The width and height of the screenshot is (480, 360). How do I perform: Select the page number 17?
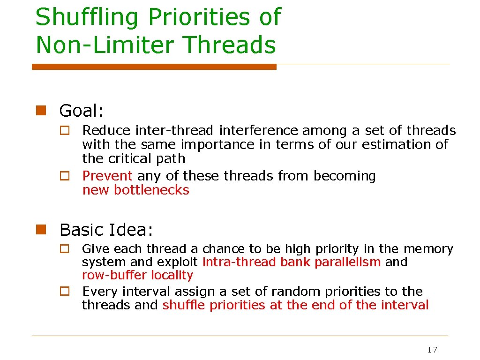[x=432, y=350]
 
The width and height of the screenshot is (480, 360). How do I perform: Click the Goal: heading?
[x=81, y=111]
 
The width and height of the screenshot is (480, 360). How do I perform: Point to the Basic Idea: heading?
[x=106, y=230]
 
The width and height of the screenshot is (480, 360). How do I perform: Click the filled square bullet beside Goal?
[x=41, y=111]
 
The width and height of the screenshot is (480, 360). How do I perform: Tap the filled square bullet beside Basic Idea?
[x=41, y=230]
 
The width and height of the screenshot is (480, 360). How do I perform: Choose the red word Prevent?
[x=107, y=176]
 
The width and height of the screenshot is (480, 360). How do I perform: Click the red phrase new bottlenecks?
[x=135, y=190]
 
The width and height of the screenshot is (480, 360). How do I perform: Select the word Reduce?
[x=107, y=130]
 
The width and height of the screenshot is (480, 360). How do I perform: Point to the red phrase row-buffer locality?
[x=137, y=275]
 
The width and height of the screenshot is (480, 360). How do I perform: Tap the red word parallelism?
[x=347, y=262]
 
